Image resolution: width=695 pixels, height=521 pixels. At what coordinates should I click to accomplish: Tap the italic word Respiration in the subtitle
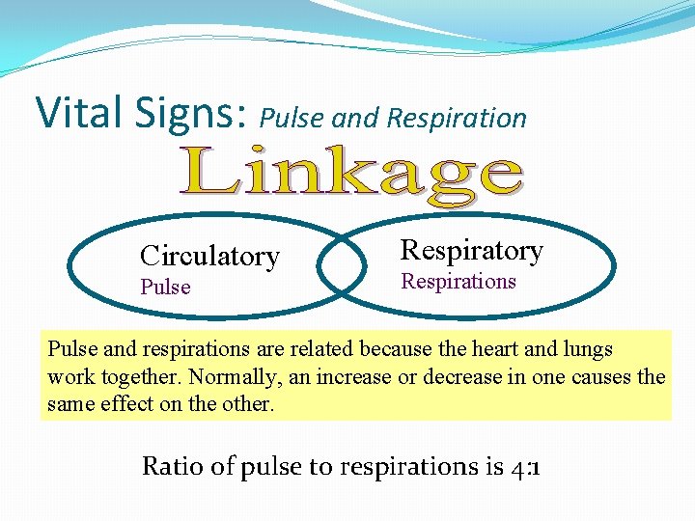(457, 119)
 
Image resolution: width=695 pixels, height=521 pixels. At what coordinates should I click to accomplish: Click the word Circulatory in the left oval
(209, 256)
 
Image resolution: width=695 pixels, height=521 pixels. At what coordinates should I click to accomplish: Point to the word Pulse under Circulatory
(165, 287)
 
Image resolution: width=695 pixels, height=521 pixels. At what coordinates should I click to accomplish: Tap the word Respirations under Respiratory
(459, 281)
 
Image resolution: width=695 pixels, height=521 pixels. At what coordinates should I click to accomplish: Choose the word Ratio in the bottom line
(172, 466)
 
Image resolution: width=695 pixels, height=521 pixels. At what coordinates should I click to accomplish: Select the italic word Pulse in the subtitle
(293, 119)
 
